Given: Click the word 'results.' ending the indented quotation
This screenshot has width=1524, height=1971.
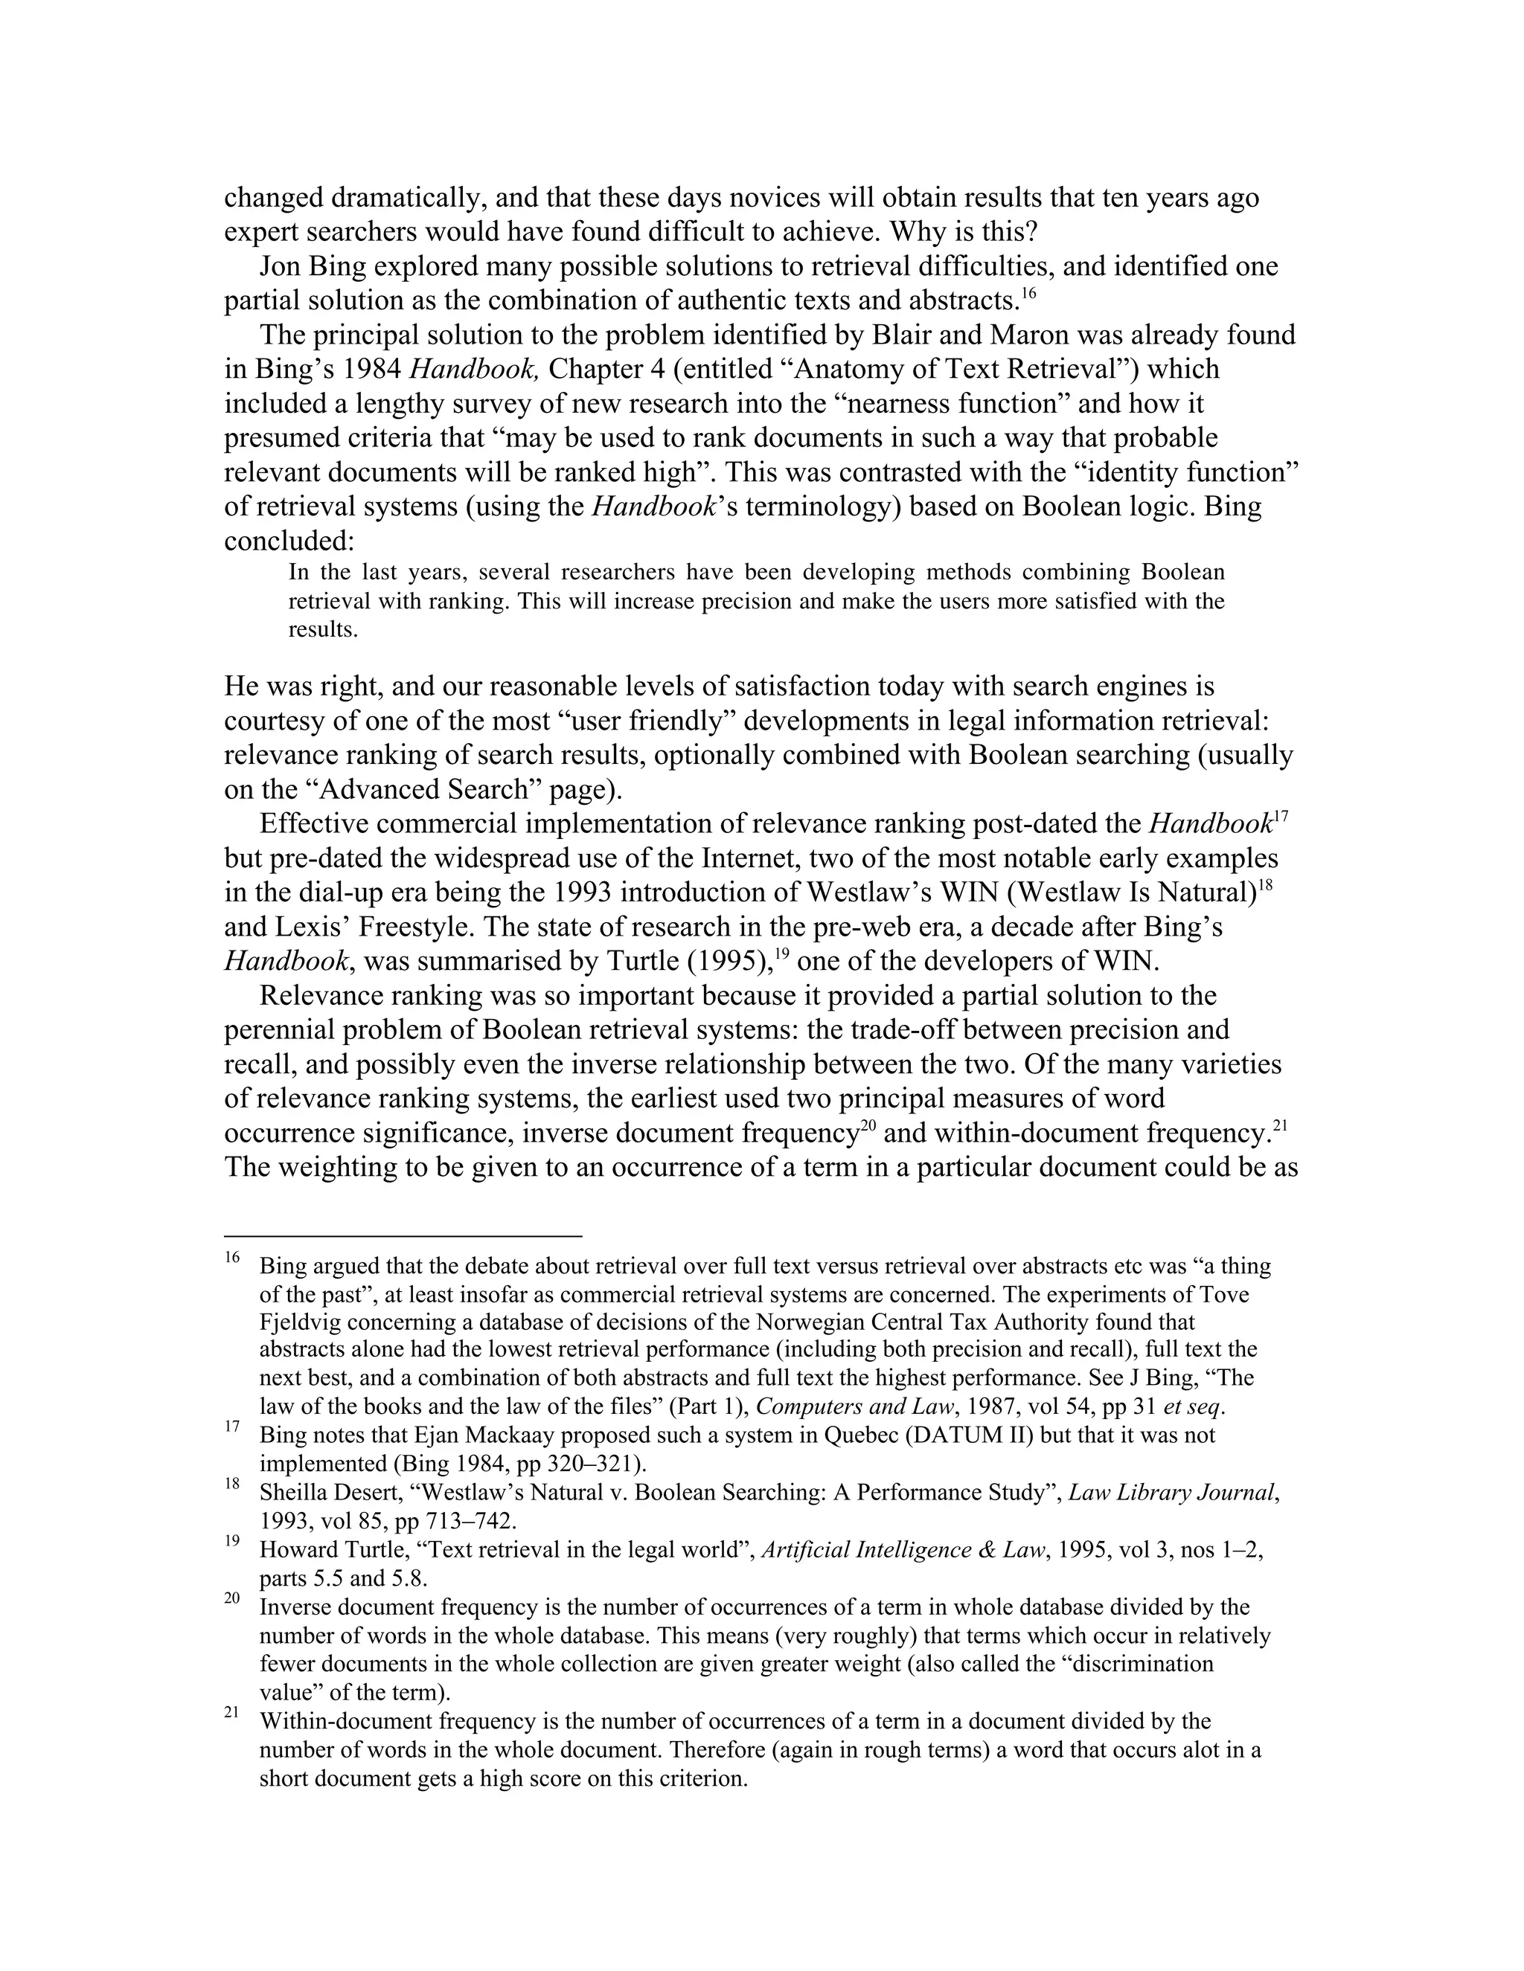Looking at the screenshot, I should [322, 630].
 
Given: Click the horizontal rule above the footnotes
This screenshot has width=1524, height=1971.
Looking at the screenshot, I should [403, 1235].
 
